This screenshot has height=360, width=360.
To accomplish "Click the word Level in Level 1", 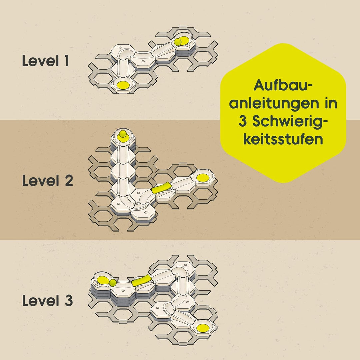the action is click(40, 61).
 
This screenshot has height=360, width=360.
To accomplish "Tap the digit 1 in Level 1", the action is click(66, 61).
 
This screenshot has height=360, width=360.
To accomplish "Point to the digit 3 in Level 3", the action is click(69, 301).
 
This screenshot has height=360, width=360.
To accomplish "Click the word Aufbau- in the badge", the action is click(283, 85).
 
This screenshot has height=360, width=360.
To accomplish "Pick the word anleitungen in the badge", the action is click(273, 104).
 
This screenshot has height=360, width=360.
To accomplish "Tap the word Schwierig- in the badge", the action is click(290, 122).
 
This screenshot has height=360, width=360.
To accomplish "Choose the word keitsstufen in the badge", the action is click(283, 139).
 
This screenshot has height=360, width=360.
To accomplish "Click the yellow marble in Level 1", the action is click(177, 42).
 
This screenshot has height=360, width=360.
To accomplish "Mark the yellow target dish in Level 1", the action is click(123, 85).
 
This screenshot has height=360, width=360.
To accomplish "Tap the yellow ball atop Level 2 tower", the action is click(123, 134).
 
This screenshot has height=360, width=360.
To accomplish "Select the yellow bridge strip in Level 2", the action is click(162, 188).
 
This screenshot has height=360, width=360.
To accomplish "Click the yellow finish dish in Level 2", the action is click(203, 178).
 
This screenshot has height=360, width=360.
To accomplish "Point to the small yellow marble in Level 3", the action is click(113, 283).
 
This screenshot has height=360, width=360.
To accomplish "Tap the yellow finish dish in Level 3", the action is click(203, 328).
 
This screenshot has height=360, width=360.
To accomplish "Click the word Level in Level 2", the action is click(41, 181).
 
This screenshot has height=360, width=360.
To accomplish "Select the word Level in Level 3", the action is click(41, 301).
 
